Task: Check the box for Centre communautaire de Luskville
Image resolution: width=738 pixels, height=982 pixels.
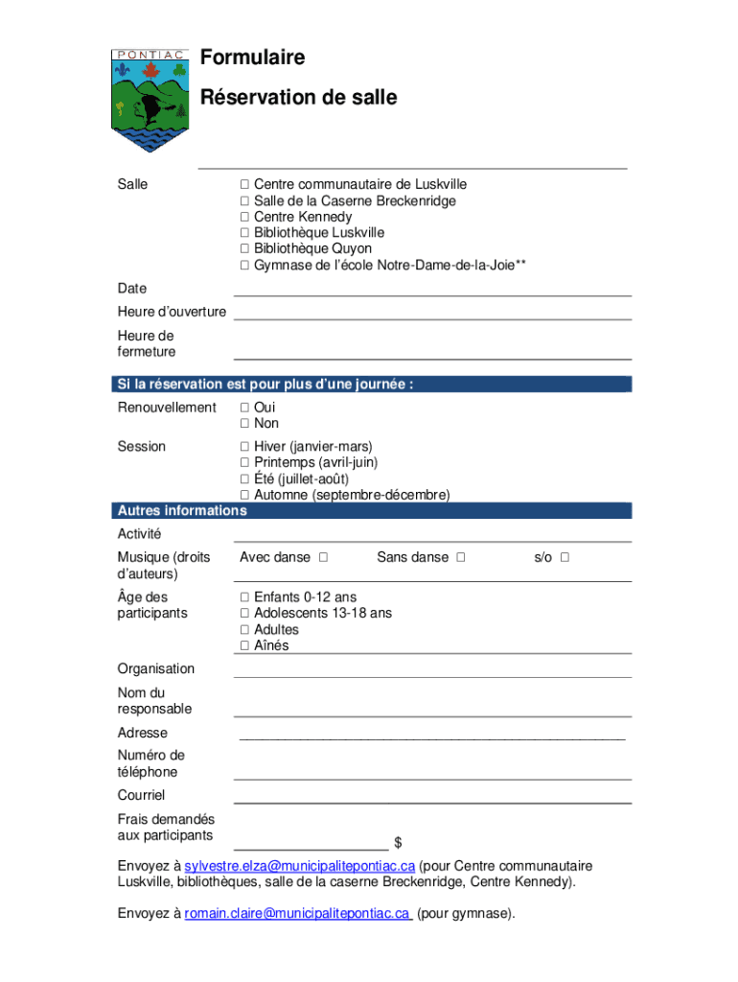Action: [244, 184]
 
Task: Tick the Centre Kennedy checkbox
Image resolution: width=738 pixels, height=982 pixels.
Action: [244, 217]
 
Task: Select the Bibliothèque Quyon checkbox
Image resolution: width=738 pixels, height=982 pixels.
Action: [244, 249]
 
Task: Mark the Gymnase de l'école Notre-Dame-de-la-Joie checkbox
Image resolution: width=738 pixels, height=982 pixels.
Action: [244, 266]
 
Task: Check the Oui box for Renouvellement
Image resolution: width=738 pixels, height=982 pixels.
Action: [244, 408]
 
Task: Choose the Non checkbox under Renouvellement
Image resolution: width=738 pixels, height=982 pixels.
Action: [244, 424]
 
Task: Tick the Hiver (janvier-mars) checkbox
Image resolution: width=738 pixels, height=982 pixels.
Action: [244, 447]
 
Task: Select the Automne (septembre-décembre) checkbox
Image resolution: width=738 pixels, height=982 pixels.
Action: [244, 496]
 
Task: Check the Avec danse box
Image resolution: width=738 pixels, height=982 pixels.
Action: [324, 557]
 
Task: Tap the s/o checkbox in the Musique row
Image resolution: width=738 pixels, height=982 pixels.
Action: [565, 557]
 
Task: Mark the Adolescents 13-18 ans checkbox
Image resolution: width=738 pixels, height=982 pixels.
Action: [244, 614]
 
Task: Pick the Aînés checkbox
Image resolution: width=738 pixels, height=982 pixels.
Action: [244, 646]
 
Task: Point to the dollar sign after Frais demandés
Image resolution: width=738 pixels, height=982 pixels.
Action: [398, 843]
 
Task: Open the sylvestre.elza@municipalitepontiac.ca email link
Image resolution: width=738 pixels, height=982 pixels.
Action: [300, 866]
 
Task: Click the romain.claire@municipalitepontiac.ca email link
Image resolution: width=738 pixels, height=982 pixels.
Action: [297, 914]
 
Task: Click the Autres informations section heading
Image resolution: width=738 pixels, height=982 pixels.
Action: [182, 511]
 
